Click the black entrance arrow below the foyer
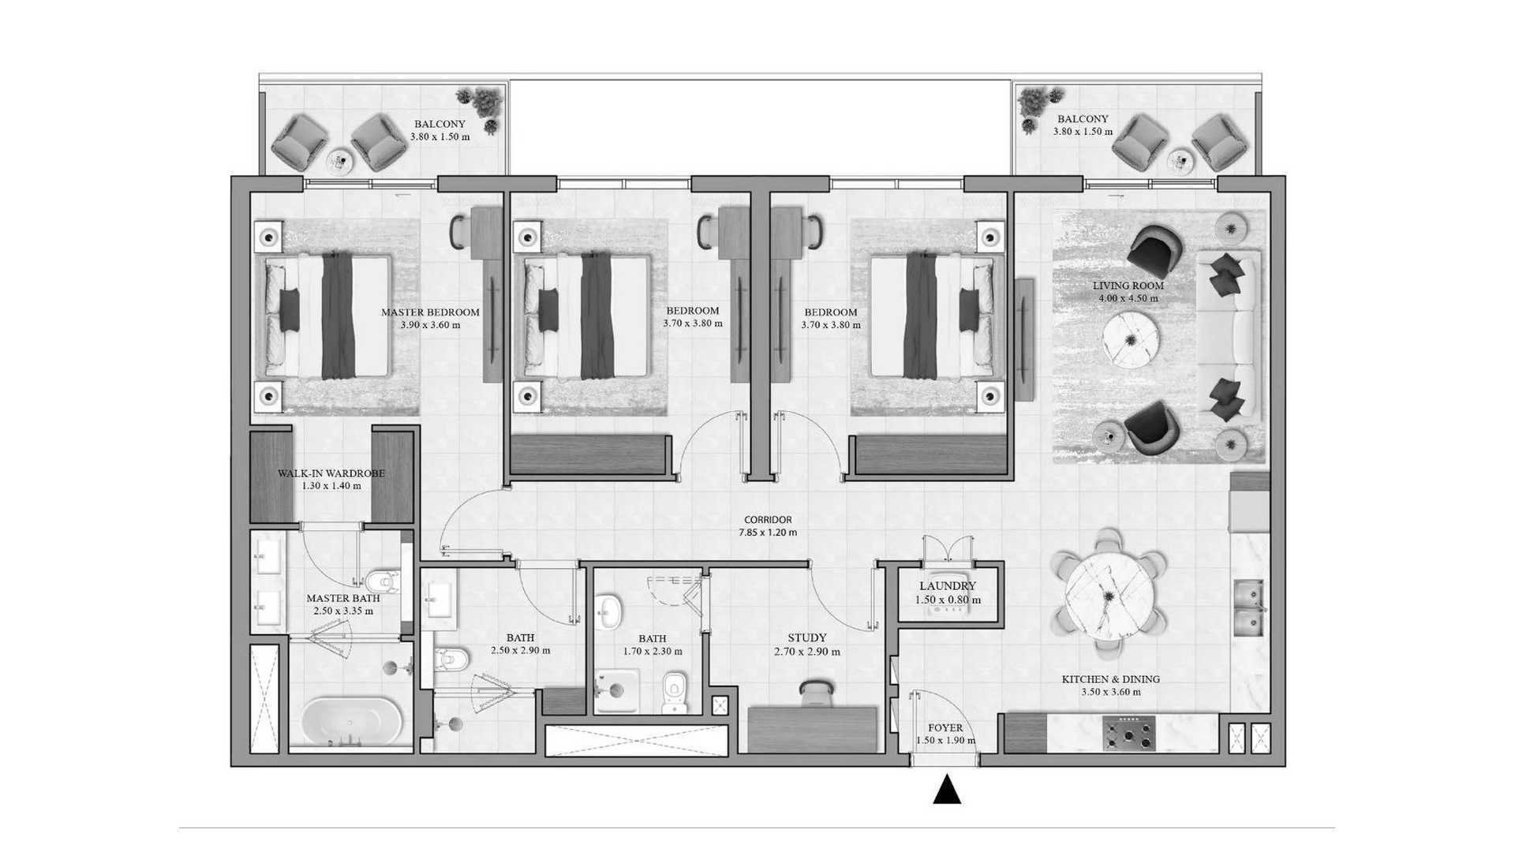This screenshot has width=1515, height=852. pos(947,790)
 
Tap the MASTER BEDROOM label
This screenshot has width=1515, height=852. pos(430,312)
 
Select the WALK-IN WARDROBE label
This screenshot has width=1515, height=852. pos(331,473)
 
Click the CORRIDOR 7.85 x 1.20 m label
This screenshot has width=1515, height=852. pos(768,526)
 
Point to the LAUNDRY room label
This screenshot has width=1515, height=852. pos(948,586)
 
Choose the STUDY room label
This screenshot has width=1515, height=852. pos(807,637)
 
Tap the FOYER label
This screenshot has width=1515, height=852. pos(945,728)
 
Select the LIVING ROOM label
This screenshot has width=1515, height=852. pos(1128,286)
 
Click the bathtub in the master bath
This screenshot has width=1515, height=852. pos(352,719)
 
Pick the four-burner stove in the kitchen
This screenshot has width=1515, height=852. pos(1129,733)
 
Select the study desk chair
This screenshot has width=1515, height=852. pos(815,692)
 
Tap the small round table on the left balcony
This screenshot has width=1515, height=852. pos(340,160)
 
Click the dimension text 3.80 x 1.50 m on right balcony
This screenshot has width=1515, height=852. pos(1083,132)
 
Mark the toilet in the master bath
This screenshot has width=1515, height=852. pos(383,581)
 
